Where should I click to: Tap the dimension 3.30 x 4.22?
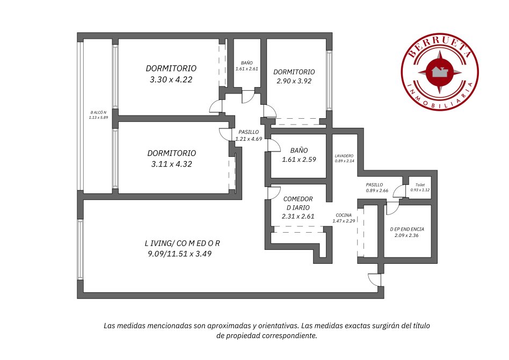171,80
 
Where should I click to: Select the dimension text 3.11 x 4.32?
171,164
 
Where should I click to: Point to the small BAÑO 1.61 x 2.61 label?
246,66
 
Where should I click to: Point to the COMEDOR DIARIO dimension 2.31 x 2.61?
298,216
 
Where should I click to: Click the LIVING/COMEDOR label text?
182,243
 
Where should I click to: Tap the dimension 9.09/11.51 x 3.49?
179,254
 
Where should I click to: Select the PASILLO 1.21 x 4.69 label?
249,135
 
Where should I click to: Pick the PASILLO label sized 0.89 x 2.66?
377,188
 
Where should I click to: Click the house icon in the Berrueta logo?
440,71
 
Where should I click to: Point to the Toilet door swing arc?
398,191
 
